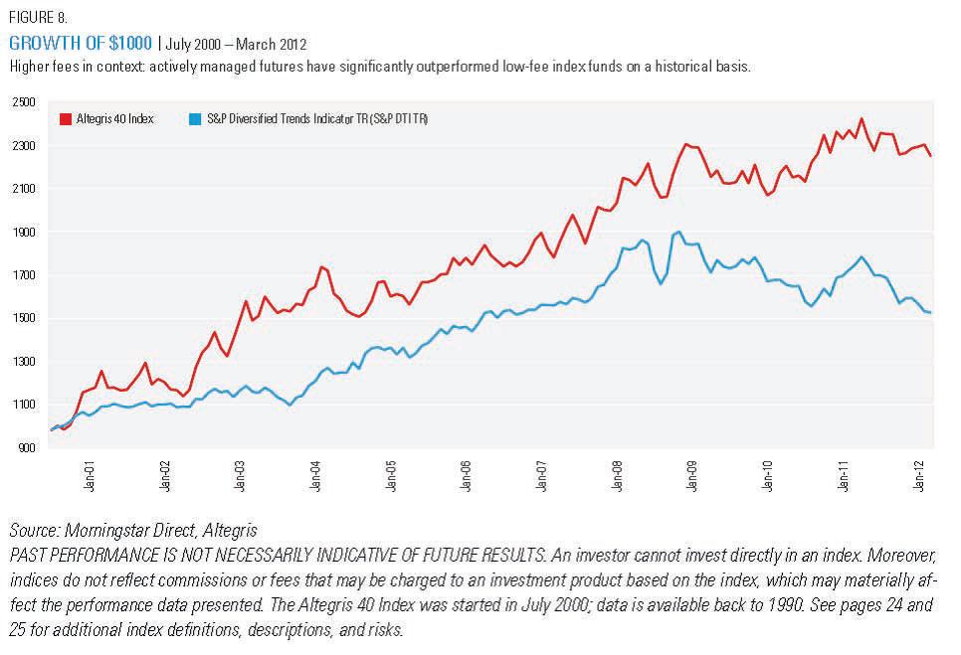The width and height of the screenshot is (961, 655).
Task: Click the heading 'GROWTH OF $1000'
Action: point(81,45)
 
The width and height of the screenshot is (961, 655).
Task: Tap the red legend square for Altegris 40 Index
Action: point(67,119)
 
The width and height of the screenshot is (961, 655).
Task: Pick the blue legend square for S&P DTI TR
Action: point(194,119)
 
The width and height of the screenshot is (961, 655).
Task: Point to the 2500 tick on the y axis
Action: point(24,102)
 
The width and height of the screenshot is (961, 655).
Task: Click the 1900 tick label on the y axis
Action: point(24,232)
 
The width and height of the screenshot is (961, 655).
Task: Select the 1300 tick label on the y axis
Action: point(24,362)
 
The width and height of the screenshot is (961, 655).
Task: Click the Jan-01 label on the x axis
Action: point(91,479)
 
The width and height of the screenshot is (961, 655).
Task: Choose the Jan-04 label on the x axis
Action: point(316,479)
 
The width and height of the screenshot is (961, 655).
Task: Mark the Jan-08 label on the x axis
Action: point(618,479)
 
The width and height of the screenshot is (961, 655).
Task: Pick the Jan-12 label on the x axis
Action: point(920,479)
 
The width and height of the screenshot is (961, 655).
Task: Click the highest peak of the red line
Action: point(862,119)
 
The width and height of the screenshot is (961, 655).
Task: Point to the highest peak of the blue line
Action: point(678,232)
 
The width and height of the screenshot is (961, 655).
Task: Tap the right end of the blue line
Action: point(930,313)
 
